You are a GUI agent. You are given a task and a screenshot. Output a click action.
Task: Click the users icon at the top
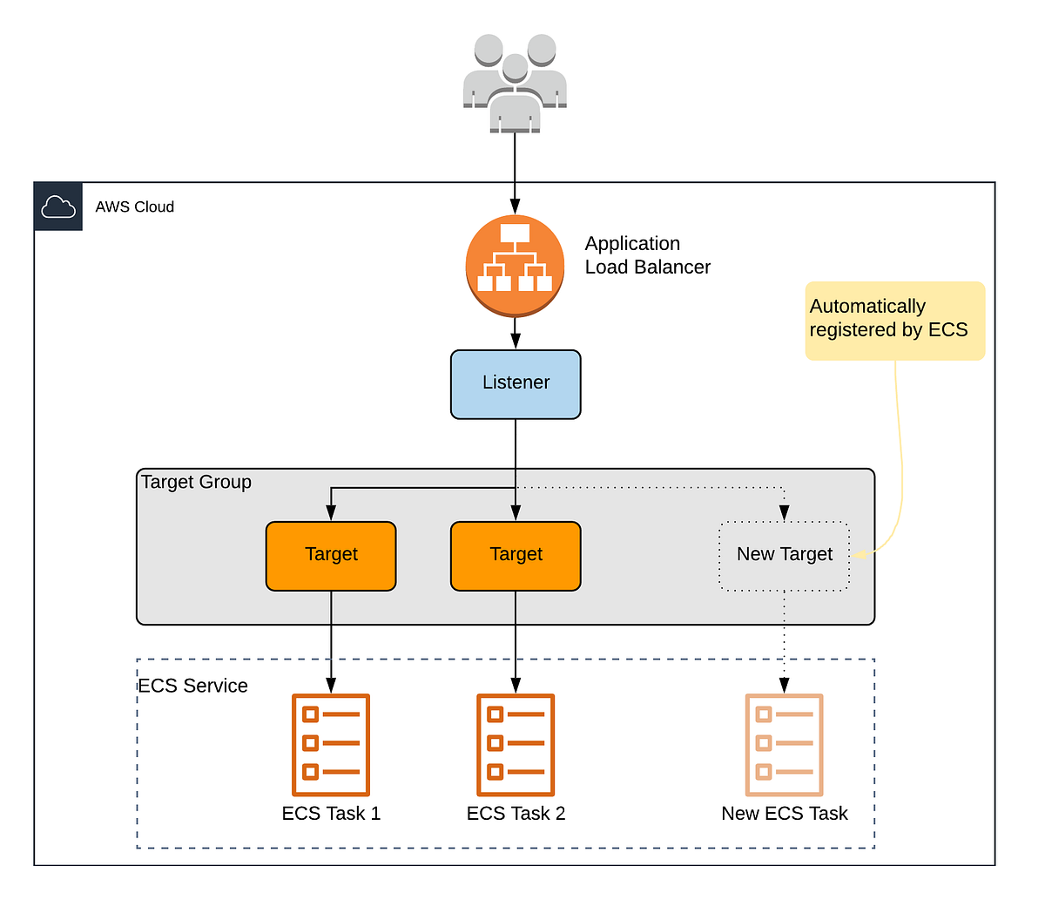[515, 83]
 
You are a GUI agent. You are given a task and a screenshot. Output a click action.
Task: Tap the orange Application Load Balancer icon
[515, 266]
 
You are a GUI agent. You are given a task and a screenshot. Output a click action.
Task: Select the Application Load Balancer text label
[647, 255]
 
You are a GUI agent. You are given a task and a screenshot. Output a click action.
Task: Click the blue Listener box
[516, 384]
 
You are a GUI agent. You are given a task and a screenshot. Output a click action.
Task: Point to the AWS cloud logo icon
[58, 206]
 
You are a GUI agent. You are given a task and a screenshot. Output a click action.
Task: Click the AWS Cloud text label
[135, 206]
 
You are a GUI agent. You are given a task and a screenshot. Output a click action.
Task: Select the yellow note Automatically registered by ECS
[894, 320]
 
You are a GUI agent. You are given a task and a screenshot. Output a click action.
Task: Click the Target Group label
[196, 482]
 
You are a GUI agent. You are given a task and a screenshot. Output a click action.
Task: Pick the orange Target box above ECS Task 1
[331, 556]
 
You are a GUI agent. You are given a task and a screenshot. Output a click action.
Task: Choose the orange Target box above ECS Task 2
[516, 556]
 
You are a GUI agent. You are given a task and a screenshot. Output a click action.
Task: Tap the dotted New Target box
[785, 556]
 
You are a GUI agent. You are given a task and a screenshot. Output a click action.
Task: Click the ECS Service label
[193, 686]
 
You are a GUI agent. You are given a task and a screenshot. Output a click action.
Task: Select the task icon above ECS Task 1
[331, 745]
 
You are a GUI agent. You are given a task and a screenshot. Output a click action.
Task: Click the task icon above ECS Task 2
[516, 745]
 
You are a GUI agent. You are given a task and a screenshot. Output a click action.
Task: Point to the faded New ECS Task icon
[785, 745]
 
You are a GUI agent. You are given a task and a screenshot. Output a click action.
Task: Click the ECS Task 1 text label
[331, 814]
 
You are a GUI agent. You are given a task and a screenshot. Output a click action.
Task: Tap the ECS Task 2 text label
[516, 814]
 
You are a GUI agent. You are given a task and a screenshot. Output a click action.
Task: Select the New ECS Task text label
[785, 814]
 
